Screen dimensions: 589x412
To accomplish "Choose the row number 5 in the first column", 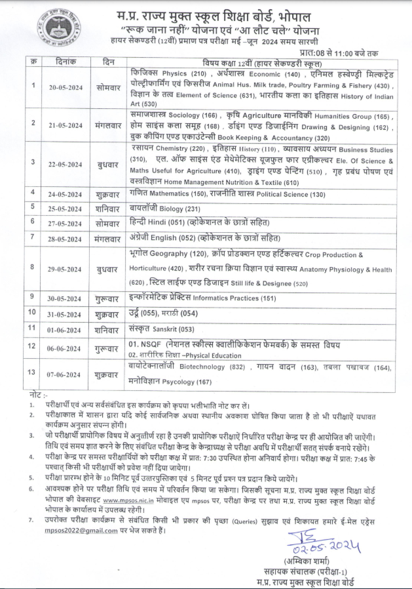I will click(x=31, y=207).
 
